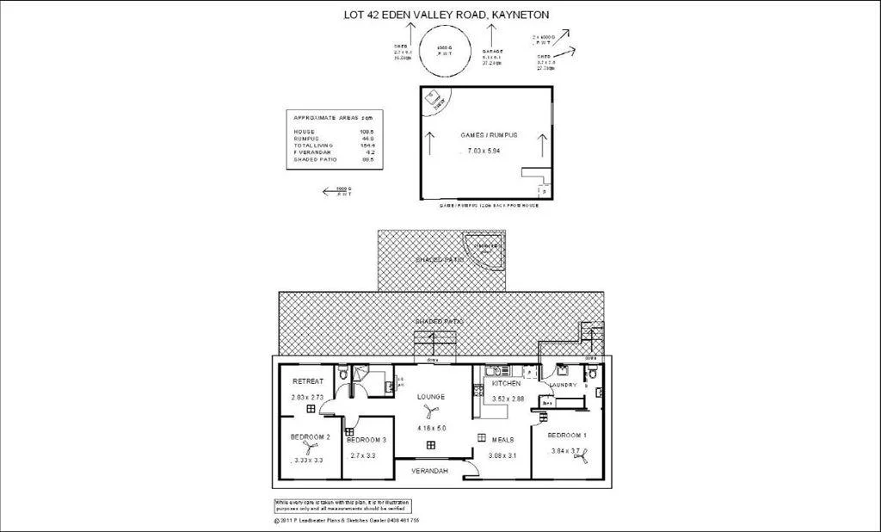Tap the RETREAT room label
307,381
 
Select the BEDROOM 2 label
311,437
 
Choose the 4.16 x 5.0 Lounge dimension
430,428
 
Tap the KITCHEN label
506,383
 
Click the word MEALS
502,439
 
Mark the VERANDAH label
429,471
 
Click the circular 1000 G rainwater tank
444,48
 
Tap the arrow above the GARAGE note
491,35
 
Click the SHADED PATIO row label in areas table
315,159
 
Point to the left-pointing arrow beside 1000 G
329,192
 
